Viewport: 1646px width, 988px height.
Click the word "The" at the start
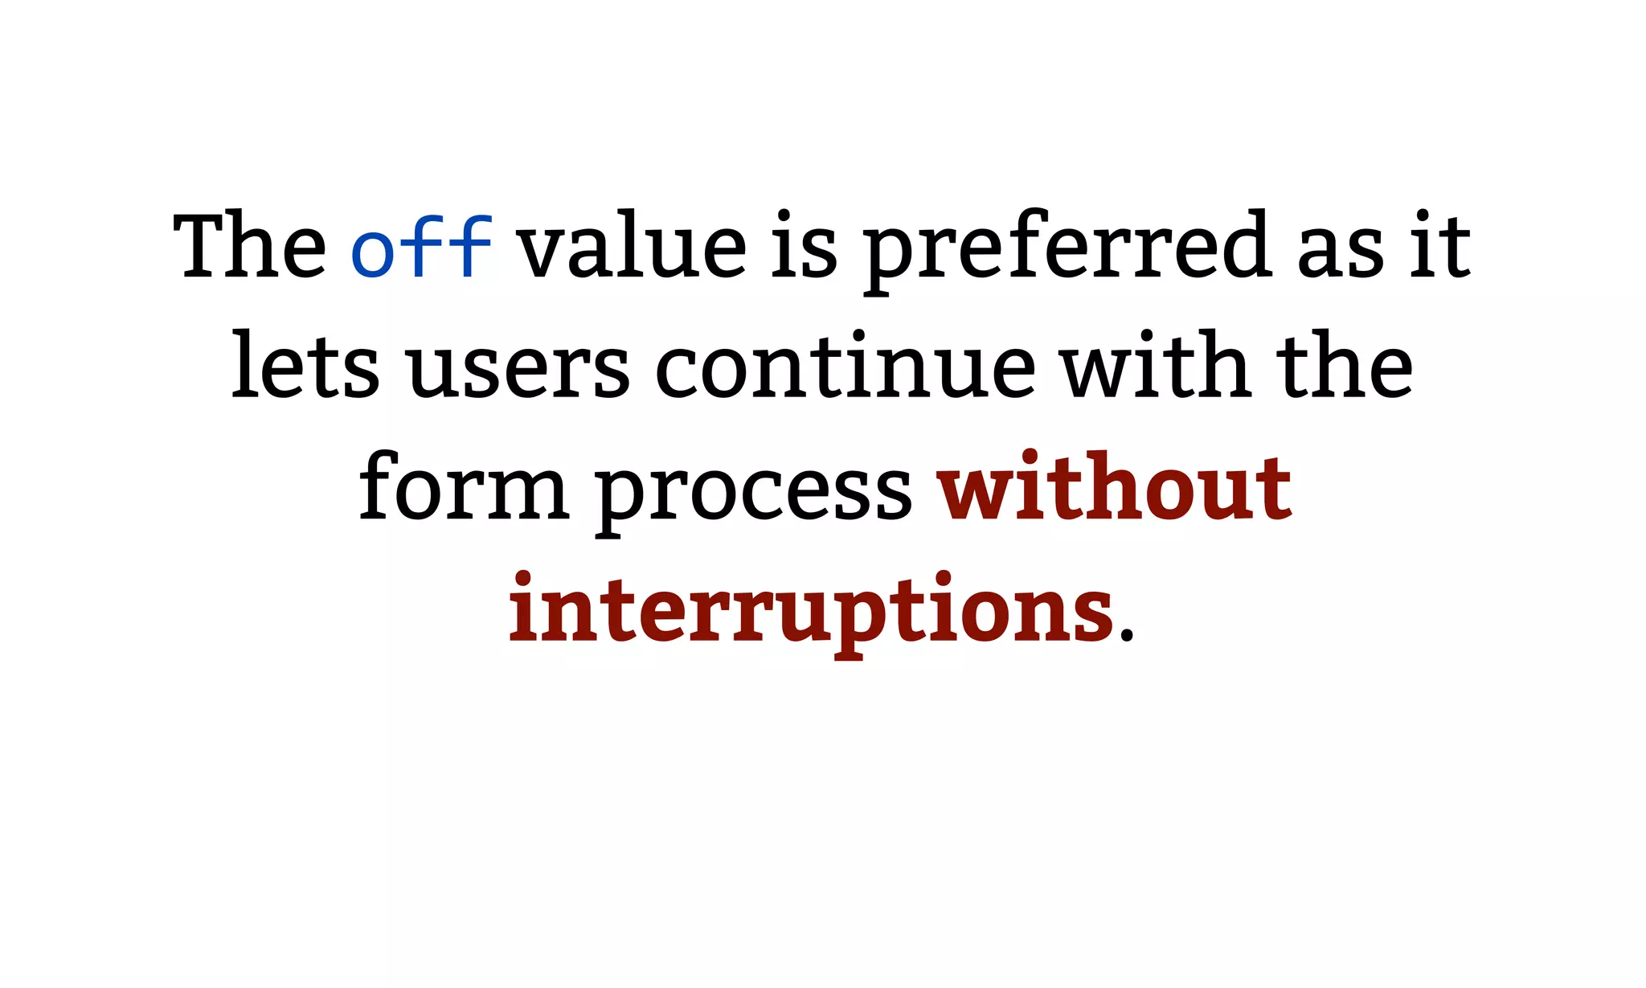[250, 246]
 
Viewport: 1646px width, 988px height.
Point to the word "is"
[805, 246]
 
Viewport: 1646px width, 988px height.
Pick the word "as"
[1340, 251]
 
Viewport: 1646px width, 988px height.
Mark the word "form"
[464, 487]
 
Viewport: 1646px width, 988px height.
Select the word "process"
[754, 492]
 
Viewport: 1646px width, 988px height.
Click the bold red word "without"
[1115, 487]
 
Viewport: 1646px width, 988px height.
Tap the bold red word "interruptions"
[811, 611]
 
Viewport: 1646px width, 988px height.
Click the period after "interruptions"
[1126, 637]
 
